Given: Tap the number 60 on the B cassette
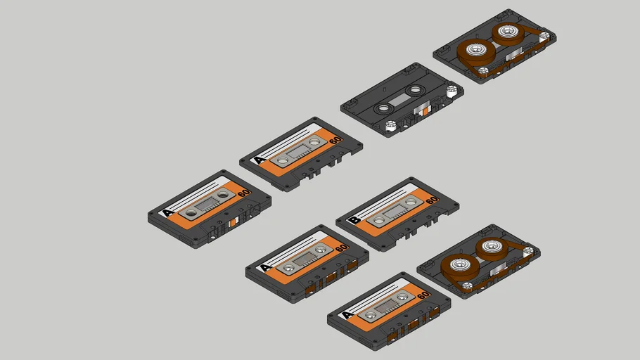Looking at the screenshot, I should (431, 200).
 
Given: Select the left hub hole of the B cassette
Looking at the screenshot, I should (379, 220).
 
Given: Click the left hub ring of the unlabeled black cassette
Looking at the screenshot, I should (383, 108).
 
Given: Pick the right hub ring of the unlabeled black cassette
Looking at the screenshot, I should (416, 90).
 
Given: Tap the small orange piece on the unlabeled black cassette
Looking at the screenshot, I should (426, 110).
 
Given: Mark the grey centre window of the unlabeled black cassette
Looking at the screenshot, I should (399, 99).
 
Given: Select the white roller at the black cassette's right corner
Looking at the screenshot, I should (452, 90).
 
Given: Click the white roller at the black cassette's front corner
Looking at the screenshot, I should (391, 127).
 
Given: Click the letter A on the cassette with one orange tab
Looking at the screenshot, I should (167, 212).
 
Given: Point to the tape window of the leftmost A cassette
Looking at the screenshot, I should (207, 204).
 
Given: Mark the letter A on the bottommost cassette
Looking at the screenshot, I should (347, 314).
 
